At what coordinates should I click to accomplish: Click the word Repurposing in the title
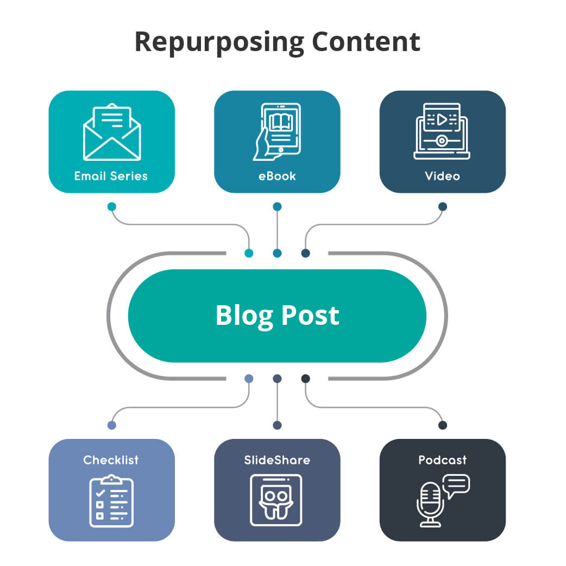pyautogui.click(x=220, y=42)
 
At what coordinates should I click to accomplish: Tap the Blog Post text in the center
pyautogui.click(x=277, y=316)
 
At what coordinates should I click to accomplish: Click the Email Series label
pyautogui.click(x=111, y=176)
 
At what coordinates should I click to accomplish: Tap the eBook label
pyautogui.click(x=277, y=176)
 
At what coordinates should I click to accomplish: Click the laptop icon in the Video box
pyautogui.click(x=442, y=131)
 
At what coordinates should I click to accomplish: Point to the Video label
pyautogui.click(x=442, y=176)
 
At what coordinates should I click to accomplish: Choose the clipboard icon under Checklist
pyautogui.click(x=111, y=500)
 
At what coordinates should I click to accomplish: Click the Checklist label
pyautogui.click(x=111, y=460)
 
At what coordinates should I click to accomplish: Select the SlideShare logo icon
pyautogui.click(x=276, y=500)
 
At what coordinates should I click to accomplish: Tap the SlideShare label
pyautogui.click(x=277, y=460)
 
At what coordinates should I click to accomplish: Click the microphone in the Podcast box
pyautogui.click(x=430, y=504)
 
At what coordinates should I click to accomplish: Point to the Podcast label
pyautogui.click(x=442, y=460)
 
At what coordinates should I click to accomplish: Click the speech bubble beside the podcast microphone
pyautogui.click(x=456, y=485)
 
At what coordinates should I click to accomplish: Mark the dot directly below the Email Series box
pyautogui.click(x=112, y=206)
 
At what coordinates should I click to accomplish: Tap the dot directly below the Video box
pyautogui.click(x=443, y=206)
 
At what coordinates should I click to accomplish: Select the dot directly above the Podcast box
pyautogui.click(x=443, y=425)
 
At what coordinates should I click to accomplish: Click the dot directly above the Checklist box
pyautogui.click(x=112, y=425)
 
